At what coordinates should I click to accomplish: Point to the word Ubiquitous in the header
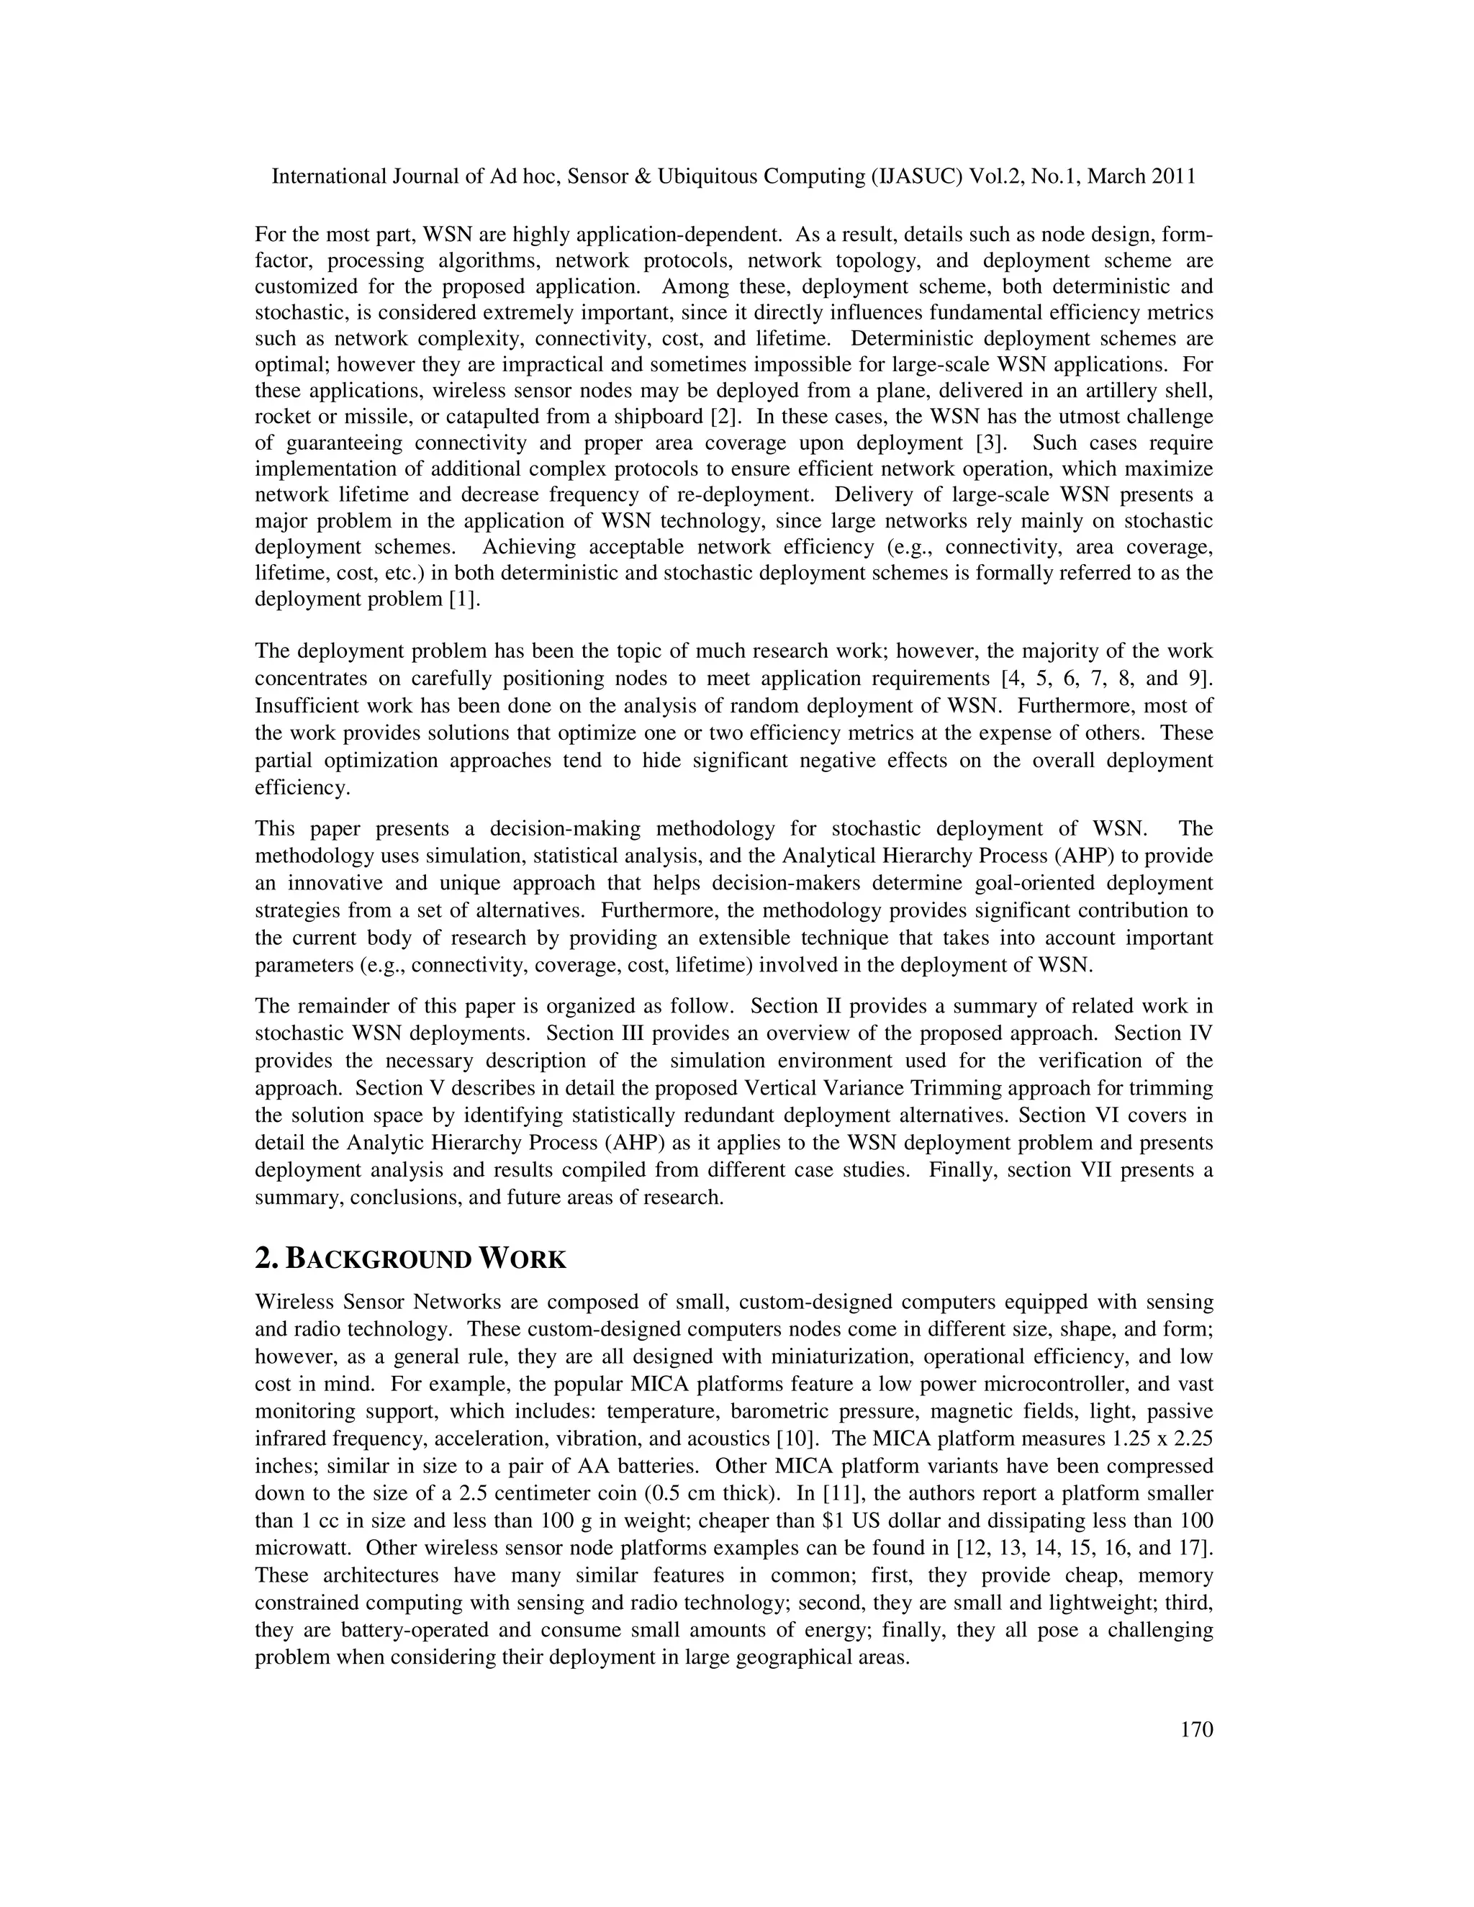[x=707, y=176]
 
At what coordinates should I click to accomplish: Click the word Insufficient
[x=310, y=705]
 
